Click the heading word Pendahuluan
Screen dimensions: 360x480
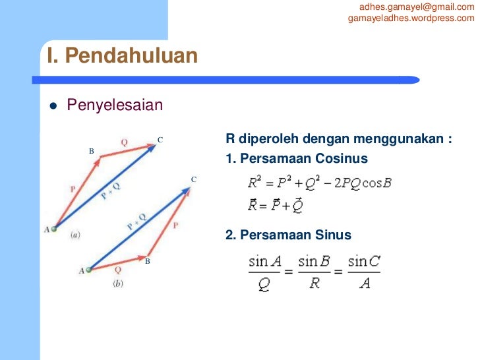pos(132,56)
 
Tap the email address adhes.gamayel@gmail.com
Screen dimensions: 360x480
pos(417,7)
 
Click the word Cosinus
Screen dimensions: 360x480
pos(338,159)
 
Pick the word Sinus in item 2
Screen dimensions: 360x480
pos(333,235)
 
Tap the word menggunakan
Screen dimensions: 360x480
pos(401,140)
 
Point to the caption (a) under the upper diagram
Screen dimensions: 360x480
pos(75,234)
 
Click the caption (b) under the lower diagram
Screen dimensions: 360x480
pos(117,284)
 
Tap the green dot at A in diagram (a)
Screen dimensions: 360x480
pos(55,229)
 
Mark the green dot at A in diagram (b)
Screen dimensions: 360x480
pos(89,269)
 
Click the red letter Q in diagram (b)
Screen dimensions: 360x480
pos(117,269)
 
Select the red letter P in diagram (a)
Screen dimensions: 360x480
pos(73,189)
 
